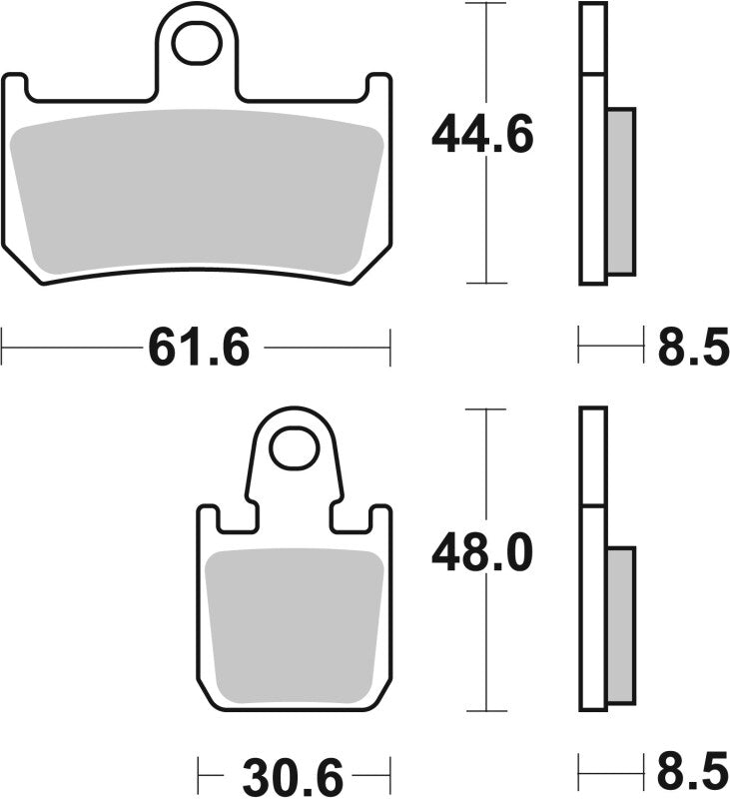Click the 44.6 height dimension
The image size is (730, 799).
coord(482,135)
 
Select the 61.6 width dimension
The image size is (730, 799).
coord(198,349)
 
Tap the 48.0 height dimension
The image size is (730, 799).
coord(482,552)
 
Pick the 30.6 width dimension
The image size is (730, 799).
coord(292,774)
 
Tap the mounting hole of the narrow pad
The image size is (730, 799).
coord(295,448)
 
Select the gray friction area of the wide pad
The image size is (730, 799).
coord(197,190)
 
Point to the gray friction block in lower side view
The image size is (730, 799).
coord(620,624)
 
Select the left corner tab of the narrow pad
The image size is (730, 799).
coord(209,519)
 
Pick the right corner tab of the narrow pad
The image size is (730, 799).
coord(380,519)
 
